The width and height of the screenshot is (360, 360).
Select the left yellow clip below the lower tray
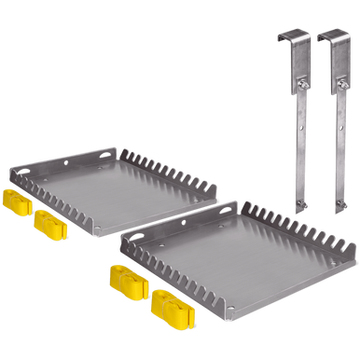125,279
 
